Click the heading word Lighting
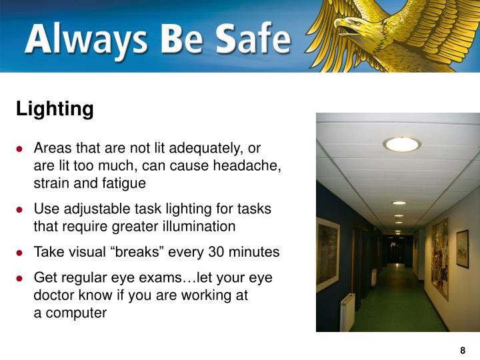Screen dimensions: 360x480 point(55,109)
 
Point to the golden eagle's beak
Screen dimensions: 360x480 point(341,27)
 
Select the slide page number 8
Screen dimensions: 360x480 point(463,351)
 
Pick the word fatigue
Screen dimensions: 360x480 point(125,183)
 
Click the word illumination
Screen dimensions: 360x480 point(197,227)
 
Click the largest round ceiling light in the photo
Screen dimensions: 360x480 point(401,144)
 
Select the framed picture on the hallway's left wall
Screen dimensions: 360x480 point(327,254)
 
